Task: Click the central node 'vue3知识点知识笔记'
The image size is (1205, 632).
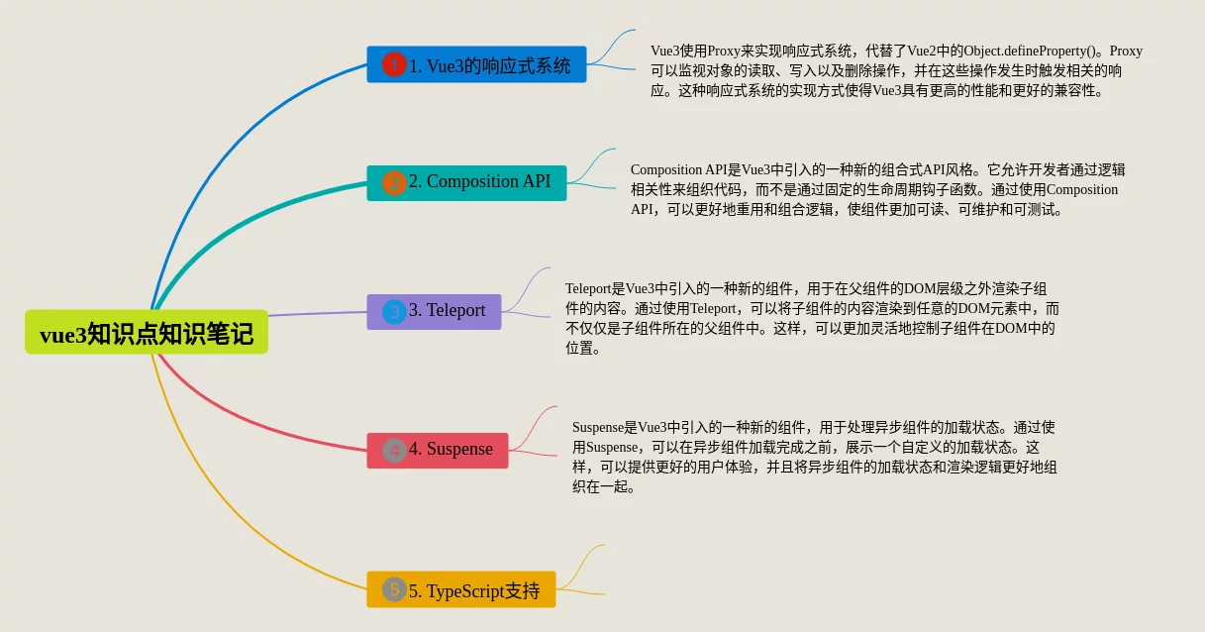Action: click(147, 332)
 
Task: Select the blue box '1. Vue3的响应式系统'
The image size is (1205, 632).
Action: click(476, 64)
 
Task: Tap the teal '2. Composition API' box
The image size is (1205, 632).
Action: click(466, 183)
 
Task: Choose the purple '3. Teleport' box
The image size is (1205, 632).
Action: click(434, 312)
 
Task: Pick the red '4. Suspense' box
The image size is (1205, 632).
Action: click(438, 451)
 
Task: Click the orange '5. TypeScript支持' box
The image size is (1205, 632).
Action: click(461, 589)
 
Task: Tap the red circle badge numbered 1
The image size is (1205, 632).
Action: click(394, 64)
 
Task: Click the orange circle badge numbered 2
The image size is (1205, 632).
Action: click(394, 183)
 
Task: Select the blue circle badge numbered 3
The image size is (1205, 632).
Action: click(394, 312)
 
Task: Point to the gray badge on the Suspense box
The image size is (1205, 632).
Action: click(394, 451)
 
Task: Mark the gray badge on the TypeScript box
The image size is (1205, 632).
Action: click(394, 589)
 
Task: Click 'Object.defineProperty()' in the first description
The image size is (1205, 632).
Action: click(1029, 52)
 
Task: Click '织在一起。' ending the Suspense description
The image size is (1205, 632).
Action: click(604, 486)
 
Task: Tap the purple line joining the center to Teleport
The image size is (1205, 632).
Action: click(318, 313)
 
